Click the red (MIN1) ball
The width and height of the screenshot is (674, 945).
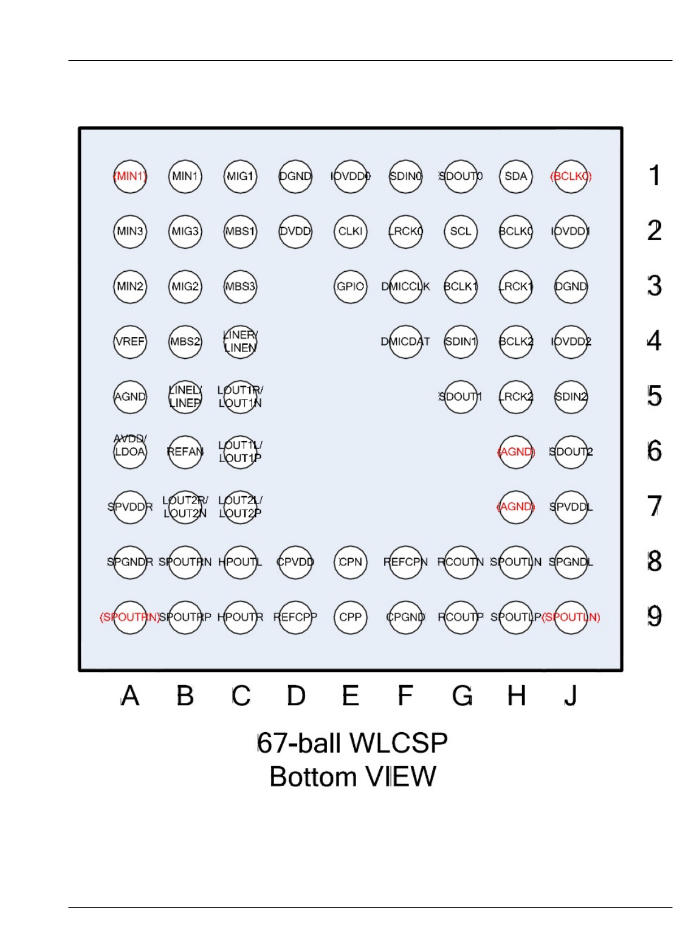tap(130, 176)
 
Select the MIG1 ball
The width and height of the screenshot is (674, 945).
tap(240, 176)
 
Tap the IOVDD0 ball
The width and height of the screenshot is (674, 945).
tap(351, 176)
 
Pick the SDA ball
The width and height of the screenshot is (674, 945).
tap(515, 176)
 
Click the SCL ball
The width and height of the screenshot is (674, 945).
tap(461, 231)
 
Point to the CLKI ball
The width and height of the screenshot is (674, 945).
tap(351, 231)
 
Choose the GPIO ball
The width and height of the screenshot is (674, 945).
tap(351, 286)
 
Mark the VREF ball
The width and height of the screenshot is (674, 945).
tap(130, 341)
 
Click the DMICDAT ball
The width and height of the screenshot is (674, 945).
tap(405, 341)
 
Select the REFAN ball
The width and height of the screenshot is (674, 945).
tap(185, 452)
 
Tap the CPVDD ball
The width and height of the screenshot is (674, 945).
tap(295, 562)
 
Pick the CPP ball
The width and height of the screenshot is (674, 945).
tap(351, 617)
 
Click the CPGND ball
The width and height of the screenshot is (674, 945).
tap(405, 617)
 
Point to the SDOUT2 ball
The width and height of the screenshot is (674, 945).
tap(571, 452)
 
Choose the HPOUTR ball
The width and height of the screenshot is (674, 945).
tap(240, 617)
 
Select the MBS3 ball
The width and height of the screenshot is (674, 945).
tap(240, 286)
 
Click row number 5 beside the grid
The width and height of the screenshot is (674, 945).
tap(654, 396)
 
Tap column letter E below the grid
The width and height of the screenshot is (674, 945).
tap(351, 696)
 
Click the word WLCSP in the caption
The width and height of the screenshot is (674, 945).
tap(398, 743)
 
